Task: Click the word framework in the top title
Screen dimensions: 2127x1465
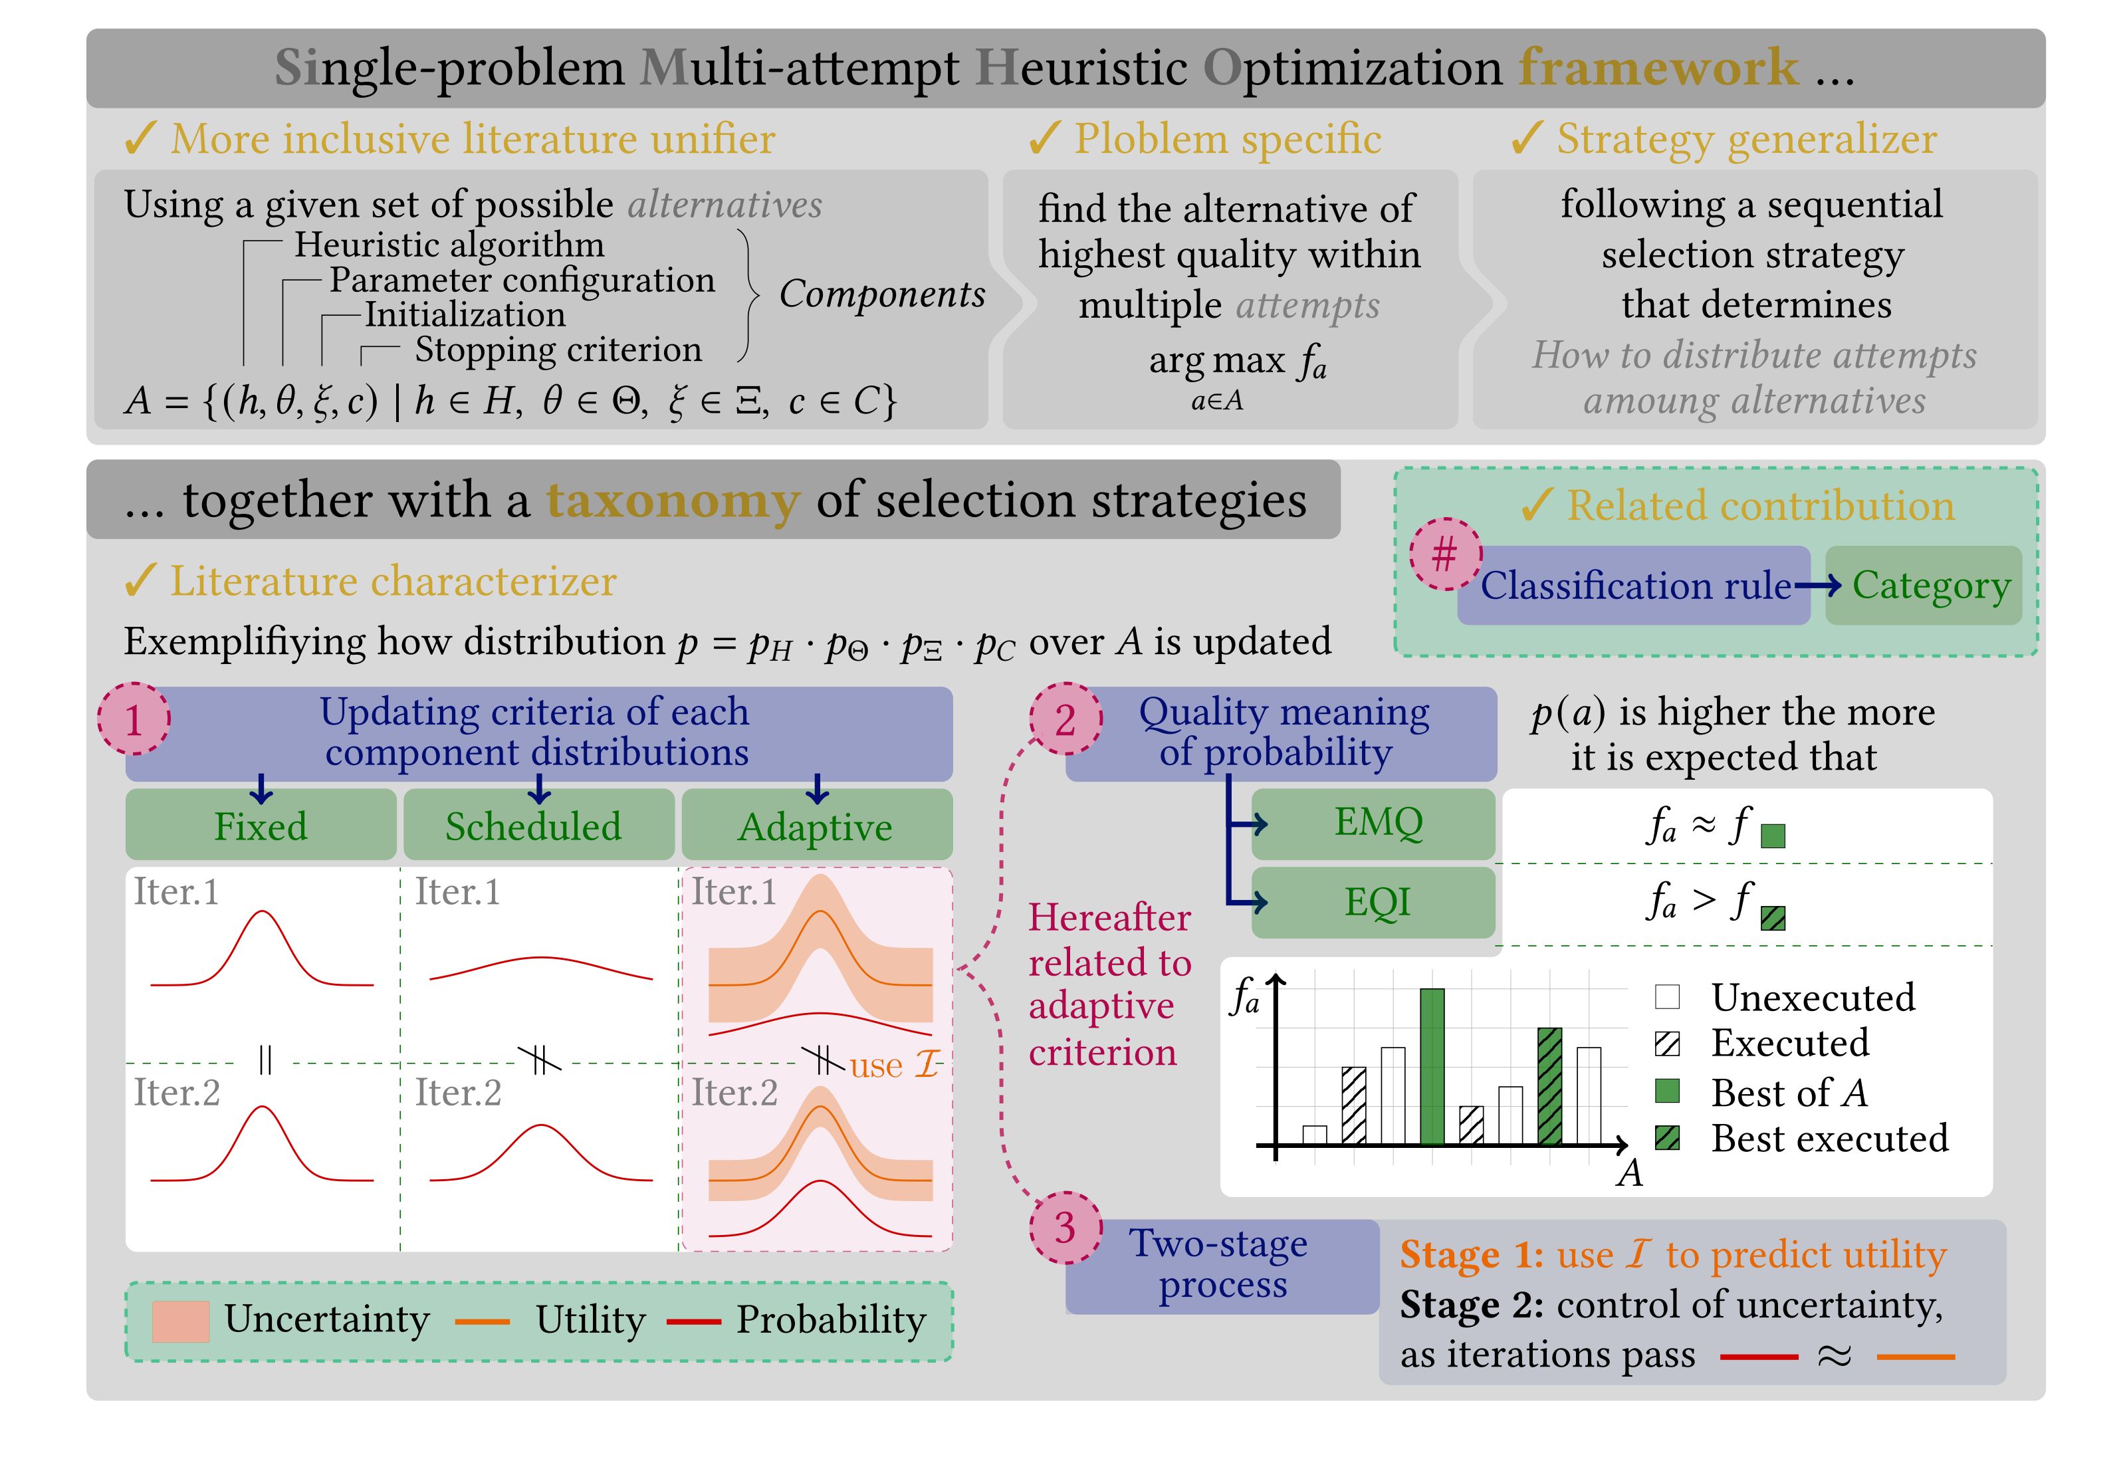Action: [x=1658, y=67]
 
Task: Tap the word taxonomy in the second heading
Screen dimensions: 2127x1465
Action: [x=673, y=501]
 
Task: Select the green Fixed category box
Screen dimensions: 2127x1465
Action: [x=261, y=825]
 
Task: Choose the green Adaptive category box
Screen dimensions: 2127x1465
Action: [x=817, y=825]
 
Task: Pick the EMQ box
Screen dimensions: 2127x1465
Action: [x=1375, y=824]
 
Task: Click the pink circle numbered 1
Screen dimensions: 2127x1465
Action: [x=134, y=719]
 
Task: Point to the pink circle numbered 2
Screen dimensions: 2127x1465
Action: [x=1065, y=719]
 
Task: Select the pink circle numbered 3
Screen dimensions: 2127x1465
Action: [x=1065, y=1228]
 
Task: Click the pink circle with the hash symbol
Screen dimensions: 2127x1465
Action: [x=1446, y=554]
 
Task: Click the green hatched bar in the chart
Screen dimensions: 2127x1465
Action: [x=1549, y=1086]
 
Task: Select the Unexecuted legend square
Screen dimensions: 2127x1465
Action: [x=1667, y=997]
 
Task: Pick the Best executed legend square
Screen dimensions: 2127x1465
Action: [x=1667, y=1138]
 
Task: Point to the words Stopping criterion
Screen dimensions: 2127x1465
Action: [x=558, y=350]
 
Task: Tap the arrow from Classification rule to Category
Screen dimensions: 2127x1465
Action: [x=1818, y=586]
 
